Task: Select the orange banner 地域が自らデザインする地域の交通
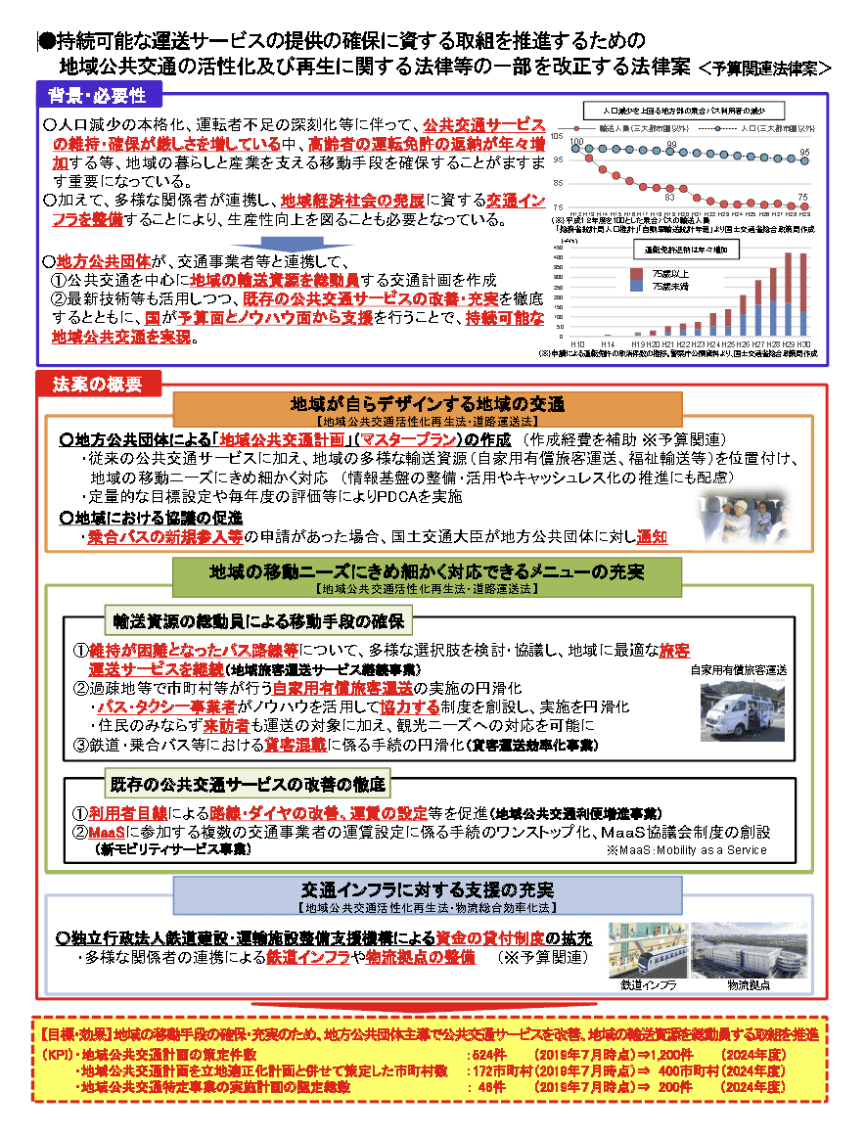[428, 404]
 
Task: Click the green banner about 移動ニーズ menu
[427, 571]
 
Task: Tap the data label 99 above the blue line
[670, 145]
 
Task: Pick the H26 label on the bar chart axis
[742, 344]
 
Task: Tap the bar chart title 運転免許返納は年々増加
[685, 250]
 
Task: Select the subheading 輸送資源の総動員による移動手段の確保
[259, 621]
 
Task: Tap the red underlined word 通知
[653, 537]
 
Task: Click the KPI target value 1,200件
[665, 1055]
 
